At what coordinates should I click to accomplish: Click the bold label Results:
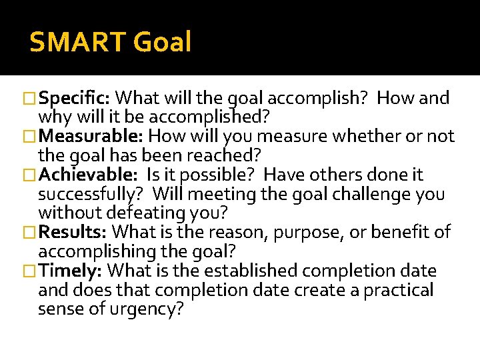(73, 233)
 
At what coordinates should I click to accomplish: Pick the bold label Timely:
(70, 271)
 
